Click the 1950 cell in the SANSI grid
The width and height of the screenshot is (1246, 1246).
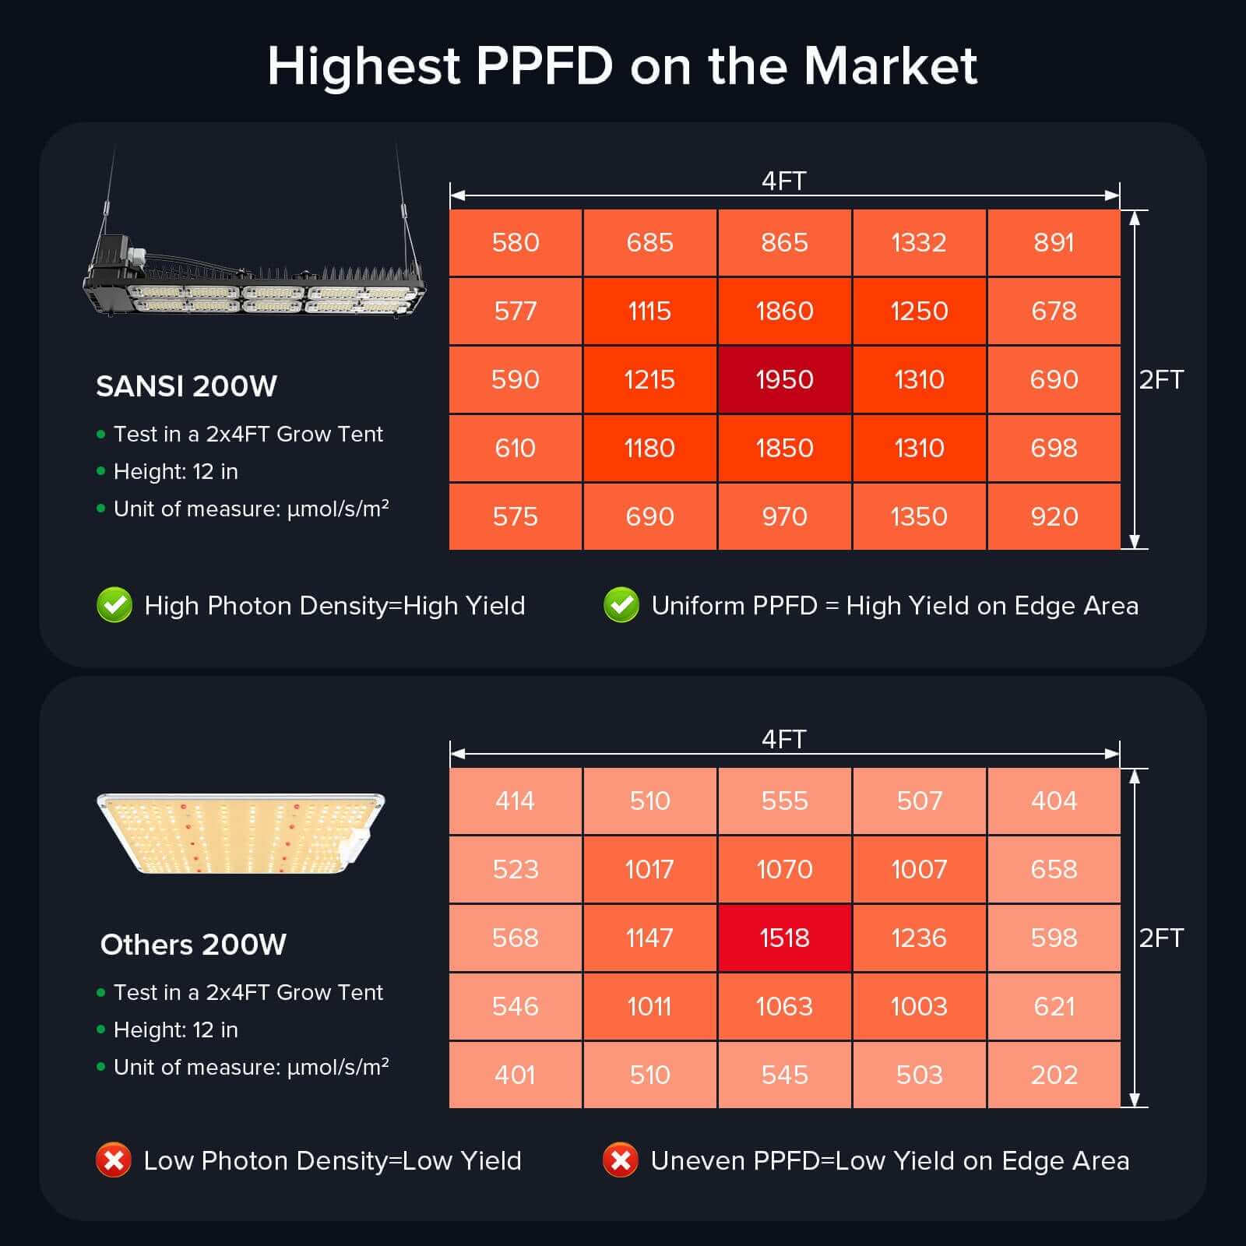784,379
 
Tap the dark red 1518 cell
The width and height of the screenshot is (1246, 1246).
784,938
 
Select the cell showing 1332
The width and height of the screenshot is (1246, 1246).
919,242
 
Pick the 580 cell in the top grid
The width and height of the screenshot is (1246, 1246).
516,242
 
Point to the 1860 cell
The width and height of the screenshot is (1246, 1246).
784,311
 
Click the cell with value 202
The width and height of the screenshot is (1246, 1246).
1054,1075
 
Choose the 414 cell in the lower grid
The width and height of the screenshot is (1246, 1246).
516,801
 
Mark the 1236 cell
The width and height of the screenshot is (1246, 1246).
919,938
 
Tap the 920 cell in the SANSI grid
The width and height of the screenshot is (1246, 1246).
1054,516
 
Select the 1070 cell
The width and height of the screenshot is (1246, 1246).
784,869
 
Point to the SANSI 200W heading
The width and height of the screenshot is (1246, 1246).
186,386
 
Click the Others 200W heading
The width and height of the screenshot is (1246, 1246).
193,945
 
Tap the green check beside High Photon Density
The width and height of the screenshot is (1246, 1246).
114,605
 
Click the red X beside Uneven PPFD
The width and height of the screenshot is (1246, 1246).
621,1160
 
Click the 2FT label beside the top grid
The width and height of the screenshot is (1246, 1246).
1161,380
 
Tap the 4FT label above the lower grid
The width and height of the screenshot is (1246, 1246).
783,739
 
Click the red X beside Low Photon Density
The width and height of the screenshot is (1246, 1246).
114,1160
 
